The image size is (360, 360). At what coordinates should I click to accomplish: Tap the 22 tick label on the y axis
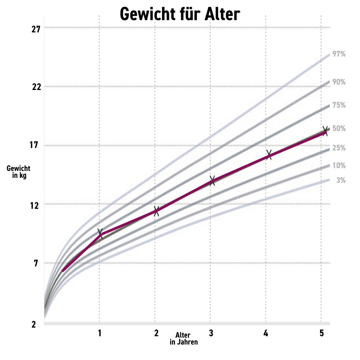35,87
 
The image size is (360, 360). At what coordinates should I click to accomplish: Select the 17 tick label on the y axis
35,146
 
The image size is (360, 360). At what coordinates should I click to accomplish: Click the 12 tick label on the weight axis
35,204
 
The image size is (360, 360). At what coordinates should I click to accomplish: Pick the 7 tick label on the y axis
36,263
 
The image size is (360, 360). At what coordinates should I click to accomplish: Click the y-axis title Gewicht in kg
18,172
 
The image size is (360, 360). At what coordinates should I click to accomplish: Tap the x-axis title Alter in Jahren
184,339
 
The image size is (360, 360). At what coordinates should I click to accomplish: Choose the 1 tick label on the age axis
100,333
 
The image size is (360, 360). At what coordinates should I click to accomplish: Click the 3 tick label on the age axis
211,333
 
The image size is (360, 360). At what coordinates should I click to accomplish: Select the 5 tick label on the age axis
321,333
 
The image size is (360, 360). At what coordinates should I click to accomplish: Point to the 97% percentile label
339,54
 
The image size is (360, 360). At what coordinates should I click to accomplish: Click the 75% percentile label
339,105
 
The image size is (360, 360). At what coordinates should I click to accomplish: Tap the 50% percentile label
339,129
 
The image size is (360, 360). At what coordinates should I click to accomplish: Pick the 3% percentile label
341,180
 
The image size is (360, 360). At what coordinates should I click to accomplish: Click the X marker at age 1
100,233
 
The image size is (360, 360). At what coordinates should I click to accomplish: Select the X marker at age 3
212,181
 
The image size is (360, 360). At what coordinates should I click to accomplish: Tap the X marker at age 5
325,130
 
